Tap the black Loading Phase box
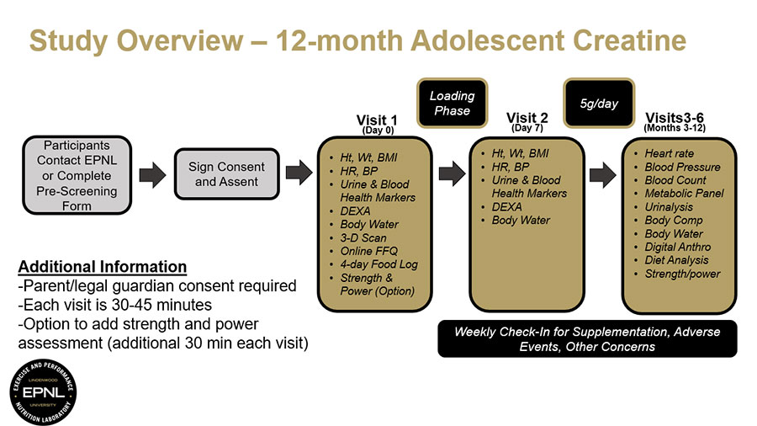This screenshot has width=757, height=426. click(452, 103)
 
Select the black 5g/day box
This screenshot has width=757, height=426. click(599, 103)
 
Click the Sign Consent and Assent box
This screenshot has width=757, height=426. click(226, 174)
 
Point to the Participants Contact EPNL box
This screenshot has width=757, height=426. click(77, 175)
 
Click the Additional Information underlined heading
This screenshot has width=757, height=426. click(102, 267)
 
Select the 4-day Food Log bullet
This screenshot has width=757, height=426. click(378, 264)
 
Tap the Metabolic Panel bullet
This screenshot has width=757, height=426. click(684, 194)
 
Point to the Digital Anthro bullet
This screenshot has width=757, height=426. click(677, 247)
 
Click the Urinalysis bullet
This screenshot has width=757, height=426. click(673, 207)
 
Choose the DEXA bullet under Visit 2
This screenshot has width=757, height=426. click(506, 207)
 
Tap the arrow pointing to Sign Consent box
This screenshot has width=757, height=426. click(151, 175)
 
